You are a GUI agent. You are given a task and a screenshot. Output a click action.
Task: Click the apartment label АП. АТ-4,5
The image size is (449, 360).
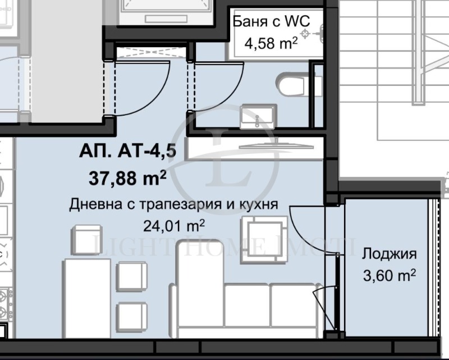click(x=128, y=151)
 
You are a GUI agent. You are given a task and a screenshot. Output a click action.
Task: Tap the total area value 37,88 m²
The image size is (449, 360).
click(x=128, y=178)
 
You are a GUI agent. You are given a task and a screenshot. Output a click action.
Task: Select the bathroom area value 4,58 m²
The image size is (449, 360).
click(x=271, y=44)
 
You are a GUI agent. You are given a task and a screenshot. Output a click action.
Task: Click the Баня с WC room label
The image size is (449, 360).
click(x=271, y=21)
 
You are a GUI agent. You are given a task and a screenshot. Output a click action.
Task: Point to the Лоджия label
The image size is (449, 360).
click(x=389, y=254)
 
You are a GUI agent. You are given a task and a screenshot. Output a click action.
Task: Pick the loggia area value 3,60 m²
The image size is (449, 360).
click(x=390, y=275)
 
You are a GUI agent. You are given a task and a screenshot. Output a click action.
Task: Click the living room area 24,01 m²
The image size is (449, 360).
click(x=174, y=226)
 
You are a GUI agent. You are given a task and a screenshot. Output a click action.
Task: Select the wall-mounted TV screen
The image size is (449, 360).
click(x=276, y=146)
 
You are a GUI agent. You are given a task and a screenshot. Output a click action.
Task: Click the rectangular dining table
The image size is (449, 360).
click(x=87, y=298)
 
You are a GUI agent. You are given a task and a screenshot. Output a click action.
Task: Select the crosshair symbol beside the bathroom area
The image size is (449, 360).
click(x=305, y=34)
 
